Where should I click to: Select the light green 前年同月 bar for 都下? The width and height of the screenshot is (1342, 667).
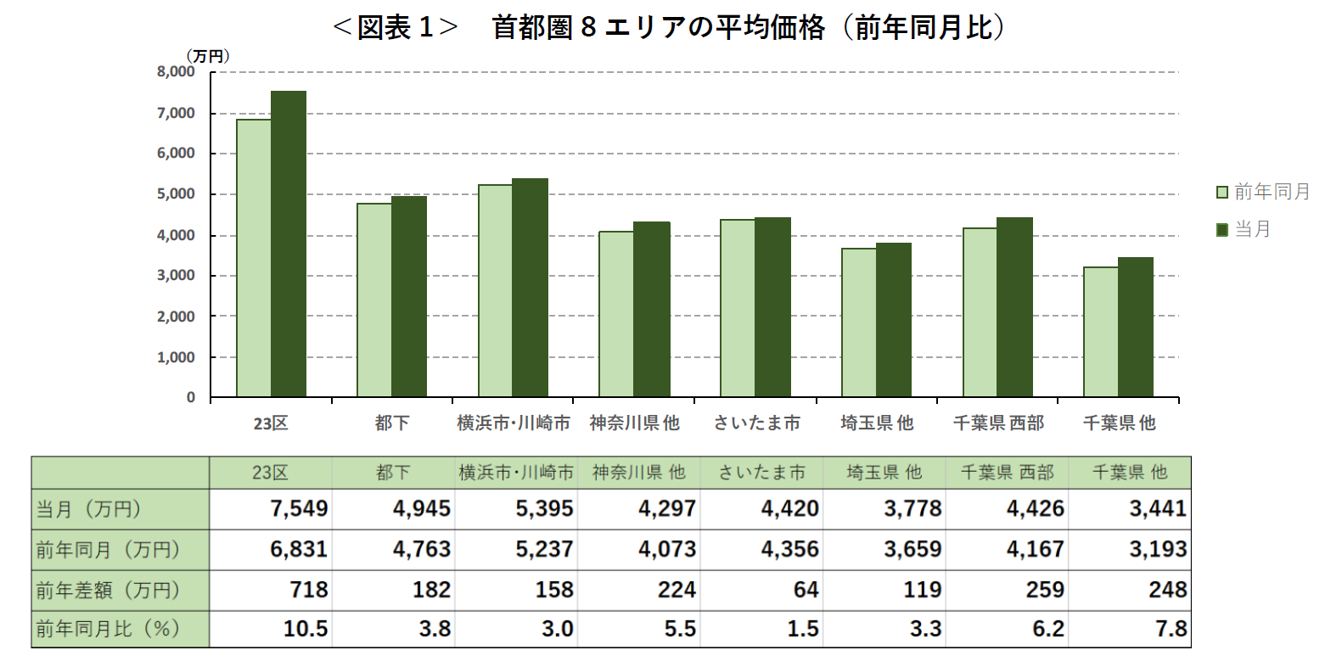coord(374,300)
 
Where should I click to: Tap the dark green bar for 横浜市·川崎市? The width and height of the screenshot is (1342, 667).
coord(531,288)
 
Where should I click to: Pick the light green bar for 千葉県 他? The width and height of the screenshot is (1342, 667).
coord(1101,333)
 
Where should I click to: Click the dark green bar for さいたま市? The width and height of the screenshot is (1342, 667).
coord(772,307)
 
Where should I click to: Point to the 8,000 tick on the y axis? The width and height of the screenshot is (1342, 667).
coord(176,72)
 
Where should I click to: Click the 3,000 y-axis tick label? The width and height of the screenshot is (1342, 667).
coord(176,276)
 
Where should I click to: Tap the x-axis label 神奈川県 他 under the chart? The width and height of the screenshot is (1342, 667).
coord(634,423)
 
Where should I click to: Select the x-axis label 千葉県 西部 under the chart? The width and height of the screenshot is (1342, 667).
coord(998,423)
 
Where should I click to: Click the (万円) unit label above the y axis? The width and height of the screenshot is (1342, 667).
coord(207,56)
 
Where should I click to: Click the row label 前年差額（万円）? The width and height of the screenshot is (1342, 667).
coord(109,590)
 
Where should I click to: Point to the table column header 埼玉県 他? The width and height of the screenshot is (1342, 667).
coord(884,473)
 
